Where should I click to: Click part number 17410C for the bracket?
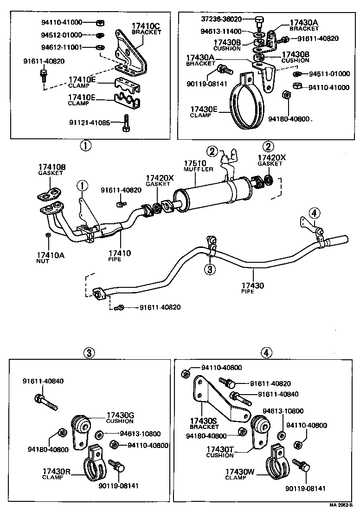pos(146,26)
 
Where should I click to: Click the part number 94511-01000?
pos(329,73)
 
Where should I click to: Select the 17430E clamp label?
pos(203,109)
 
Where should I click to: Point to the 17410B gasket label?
pos(51,167)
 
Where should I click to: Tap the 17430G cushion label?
pos(120,415)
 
